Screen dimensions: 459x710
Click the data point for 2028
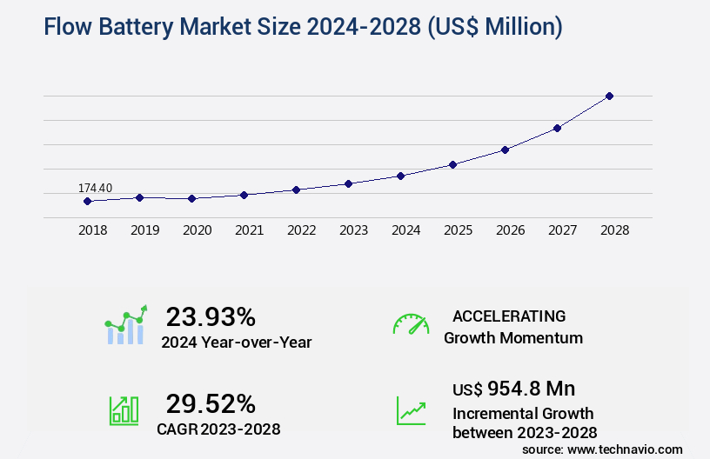(609, 96)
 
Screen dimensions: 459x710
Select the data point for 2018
(87, 201)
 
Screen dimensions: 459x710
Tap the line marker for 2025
(452, 164)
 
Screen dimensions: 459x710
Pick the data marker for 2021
(244, 195)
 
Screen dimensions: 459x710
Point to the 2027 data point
(557, 128)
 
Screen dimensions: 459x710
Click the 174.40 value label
(95, 188)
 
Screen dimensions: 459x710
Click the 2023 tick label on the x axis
(353, 230)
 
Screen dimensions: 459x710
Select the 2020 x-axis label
(197, 230)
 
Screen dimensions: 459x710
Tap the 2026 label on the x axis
(510, 230)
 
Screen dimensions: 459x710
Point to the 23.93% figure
(211, 316)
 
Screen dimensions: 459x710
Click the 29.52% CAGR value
(211, 403)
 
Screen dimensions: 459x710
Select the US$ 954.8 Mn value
(513, 389)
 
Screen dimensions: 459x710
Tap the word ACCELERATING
(509, 316)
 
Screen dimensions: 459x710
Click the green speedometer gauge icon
(411, 324)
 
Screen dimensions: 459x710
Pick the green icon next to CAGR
(124, 410)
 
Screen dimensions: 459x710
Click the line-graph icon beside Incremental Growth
(411, 410)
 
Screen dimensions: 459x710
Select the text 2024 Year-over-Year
(236, 343)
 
